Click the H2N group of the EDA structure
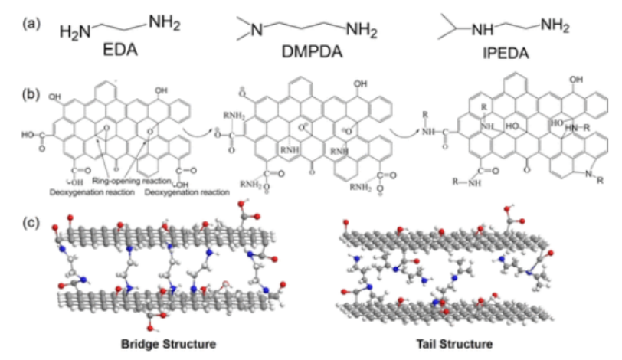click(x=74, y=32)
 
